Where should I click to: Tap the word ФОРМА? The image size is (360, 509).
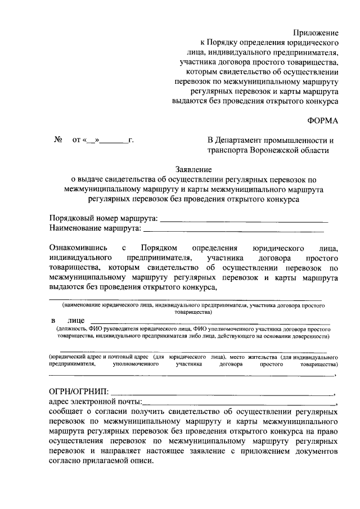[323, 120]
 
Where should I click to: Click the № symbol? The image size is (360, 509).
[57, 140]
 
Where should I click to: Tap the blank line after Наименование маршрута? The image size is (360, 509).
[233, 229]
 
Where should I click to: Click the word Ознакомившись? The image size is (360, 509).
[77, 247]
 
